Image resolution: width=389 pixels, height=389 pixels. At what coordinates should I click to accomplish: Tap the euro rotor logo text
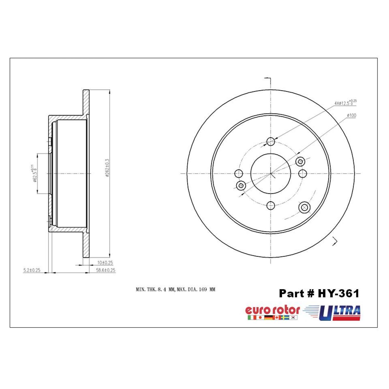click(273, 310)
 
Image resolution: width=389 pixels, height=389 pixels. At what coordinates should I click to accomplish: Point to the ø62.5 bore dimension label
click(34, 173)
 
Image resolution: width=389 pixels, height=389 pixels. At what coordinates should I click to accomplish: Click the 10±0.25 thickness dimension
click(105, 263)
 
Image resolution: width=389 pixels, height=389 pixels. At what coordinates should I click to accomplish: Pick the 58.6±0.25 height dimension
click(106, 270)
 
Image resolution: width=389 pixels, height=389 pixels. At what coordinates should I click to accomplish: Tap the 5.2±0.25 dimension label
click(32, 270)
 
